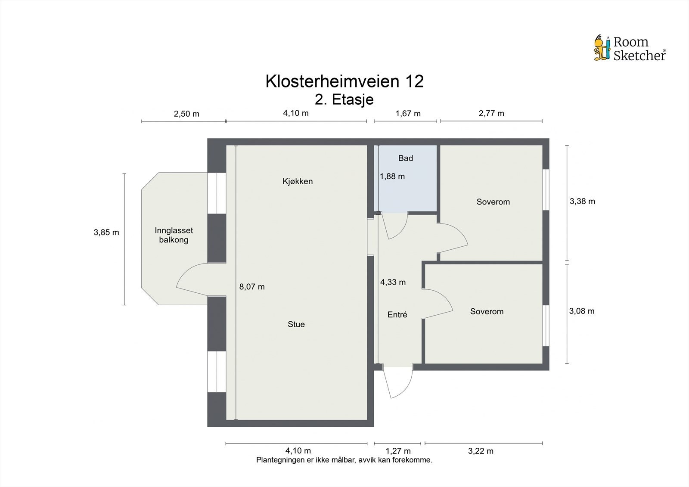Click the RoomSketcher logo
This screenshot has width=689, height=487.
coord(630,48)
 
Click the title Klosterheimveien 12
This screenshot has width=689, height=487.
coord(344,81)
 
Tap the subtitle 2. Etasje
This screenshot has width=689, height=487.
coord(344,99)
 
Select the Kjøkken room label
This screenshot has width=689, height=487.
coord(298,181)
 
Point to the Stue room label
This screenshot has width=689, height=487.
coord(296,324)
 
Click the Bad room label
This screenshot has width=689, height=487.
coord(406,158)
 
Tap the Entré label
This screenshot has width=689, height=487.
coord(397,315)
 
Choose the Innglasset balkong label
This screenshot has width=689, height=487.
coord(174,235)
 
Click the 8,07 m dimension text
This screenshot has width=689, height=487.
coord(252,287)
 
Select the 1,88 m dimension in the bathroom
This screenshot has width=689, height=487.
coord(392,176)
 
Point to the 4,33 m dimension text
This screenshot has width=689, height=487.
coord(393,282)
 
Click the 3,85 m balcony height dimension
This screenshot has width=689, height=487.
coord(106,233)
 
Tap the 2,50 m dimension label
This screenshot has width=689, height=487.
coord(186,114)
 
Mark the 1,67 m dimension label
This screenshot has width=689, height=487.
coord(408,114)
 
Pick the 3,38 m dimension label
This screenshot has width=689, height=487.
coord(582,201)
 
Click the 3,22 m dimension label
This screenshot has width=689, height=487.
coord(481,451)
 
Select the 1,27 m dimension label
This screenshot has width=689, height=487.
coord(398,451)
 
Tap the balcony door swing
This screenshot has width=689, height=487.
coord(192,280)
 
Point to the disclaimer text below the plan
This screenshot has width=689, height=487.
coord(344,460)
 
